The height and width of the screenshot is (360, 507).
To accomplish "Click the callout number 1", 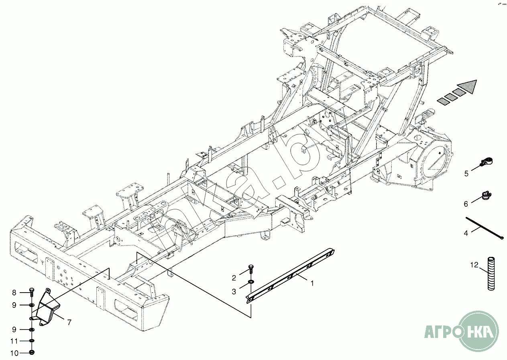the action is point(312,283).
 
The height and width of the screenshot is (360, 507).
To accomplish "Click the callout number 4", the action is point(466,233).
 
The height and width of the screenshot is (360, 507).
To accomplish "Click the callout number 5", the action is point(466,173).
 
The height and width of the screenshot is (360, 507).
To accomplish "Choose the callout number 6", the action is point(466,204).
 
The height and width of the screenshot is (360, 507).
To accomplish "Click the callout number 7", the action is point(69,322).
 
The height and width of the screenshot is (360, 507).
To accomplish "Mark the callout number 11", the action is point(14,341).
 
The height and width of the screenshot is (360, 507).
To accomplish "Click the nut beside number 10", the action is point(33,353).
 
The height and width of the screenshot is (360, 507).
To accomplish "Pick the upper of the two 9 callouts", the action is point(14,305).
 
